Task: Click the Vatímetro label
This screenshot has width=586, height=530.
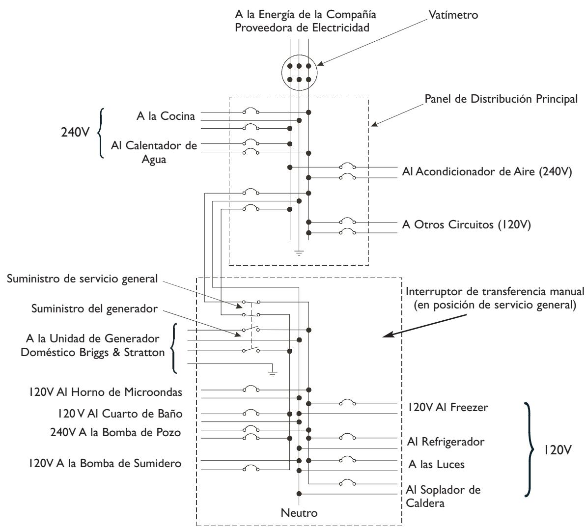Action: tap(453, 15)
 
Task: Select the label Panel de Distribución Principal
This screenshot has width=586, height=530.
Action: tap(501, 99)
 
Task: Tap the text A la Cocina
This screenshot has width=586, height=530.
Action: tap(166, 116)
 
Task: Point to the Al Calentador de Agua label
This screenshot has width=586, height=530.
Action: tap(154, 152)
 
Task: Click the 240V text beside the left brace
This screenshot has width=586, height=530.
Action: tap(75, 132)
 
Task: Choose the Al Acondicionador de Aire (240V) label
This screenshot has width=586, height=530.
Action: tap(487, 171)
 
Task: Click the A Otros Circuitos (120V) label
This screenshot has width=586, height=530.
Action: tap(467, 224)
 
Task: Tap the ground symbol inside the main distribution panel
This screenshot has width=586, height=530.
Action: tap(299, 252)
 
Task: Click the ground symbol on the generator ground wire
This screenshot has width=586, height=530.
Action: tap(273, 373)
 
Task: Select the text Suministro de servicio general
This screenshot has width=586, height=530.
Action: tap(82, 279)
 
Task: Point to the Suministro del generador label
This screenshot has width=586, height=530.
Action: tap(94, 309)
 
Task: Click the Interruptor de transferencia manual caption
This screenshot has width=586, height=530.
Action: tap(495, 298)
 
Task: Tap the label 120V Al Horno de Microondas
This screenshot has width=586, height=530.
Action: tap(106, 392)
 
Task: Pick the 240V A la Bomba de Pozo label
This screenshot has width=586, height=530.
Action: tap(115, 432)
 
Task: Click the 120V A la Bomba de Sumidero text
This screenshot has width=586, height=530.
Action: tap(105, 464)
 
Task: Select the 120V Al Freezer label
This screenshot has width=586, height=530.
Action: tap(447, 407)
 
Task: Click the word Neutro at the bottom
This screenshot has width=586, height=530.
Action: tap(299, 513)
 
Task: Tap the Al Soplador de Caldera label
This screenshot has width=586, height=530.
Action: tap(443, 497)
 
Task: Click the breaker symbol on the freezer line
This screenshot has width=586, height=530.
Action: tap(348, 402)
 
